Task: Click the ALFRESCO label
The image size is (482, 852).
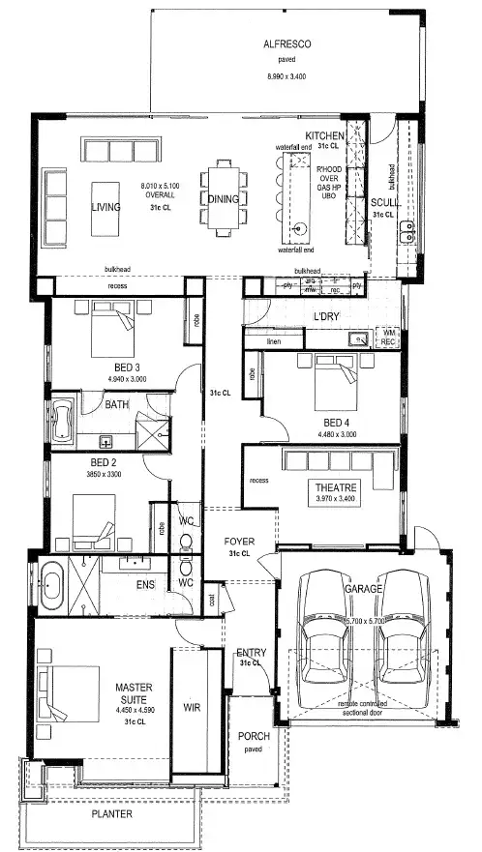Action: [x=286, y=44]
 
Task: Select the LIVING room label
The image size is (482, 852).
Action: [x=105, y=207]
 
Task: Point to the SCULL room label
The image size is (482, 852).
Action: [x=383, y=202]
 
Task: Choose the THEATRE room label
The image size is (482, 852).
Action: [x=336, y=486]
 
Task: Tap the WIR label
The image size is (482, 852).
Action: [x=191, y=707]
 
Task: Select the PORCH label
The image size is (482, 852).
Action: [x=254, y=736]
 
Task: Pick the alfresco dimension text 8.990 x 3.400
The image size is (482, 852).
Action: [x=286, y=75]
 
